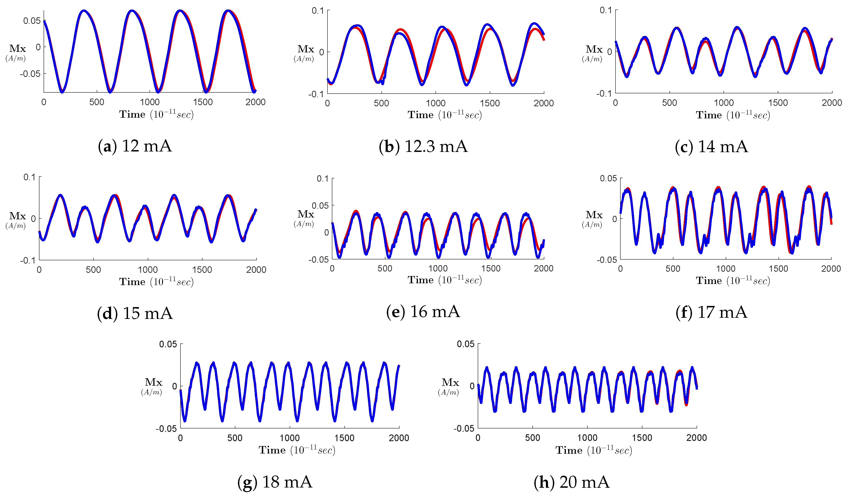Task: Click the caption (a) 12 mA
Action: [x=135, y=146]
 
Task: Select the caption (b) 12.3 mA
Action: [x=423, y=146]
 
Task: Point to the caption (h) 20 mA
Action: [x=571, y=482]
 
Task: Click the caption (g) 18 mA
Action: [x=275, y=482]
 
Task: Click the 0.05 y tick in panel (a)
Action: [x=32, y=21]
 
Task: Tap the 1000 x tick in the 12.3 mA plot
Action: [x=436, y=103]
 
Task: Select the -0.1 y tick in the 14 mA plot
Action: [x=604, y=94]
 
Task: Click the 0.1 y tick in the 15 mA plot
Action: [x=29, y=177]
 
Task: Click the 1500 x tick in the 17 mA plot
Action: [x=778, y=269]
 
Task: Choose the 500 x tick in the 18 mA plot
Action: [x=235, y=438]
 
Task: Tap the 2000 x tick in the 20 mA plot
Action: [x=697, y=438]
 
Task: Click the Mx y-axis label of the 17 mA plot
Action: [x=594, y=215]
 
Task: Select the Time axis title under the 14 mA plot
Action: [x=733, y=115]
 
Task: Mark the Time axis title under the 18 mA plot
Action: [x=297, y=450]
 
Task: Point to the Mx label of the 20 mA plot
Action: [x=450, y=382]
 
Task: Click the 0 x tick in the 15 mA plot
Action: [x=39, y=270]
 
